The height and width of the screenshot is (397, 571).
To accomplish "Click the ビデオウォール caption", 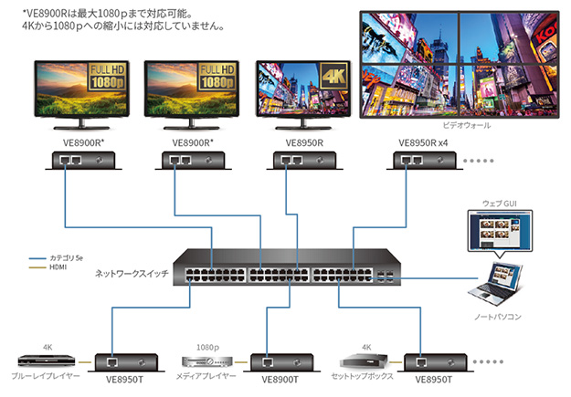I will pyautogui.click(x=466, y=125).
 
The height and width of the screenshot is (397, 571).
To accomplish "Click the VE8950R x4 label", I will pyautogui.click(x=423, y=142).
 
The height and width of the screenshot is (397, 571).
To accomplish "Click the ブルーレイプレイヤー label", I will pyautogui.click(x=46, y=376).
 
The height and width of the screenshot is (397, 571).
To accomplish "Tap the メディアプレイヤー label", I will pyautogui.click(x=205, y=376).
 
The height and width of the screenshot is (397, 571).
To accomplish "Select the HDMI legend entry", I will pyautogui.click(x=55, y=268).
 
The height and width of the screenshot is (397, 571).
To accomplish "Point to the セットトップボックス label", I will pyautogui.click(x=361, y=376).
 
